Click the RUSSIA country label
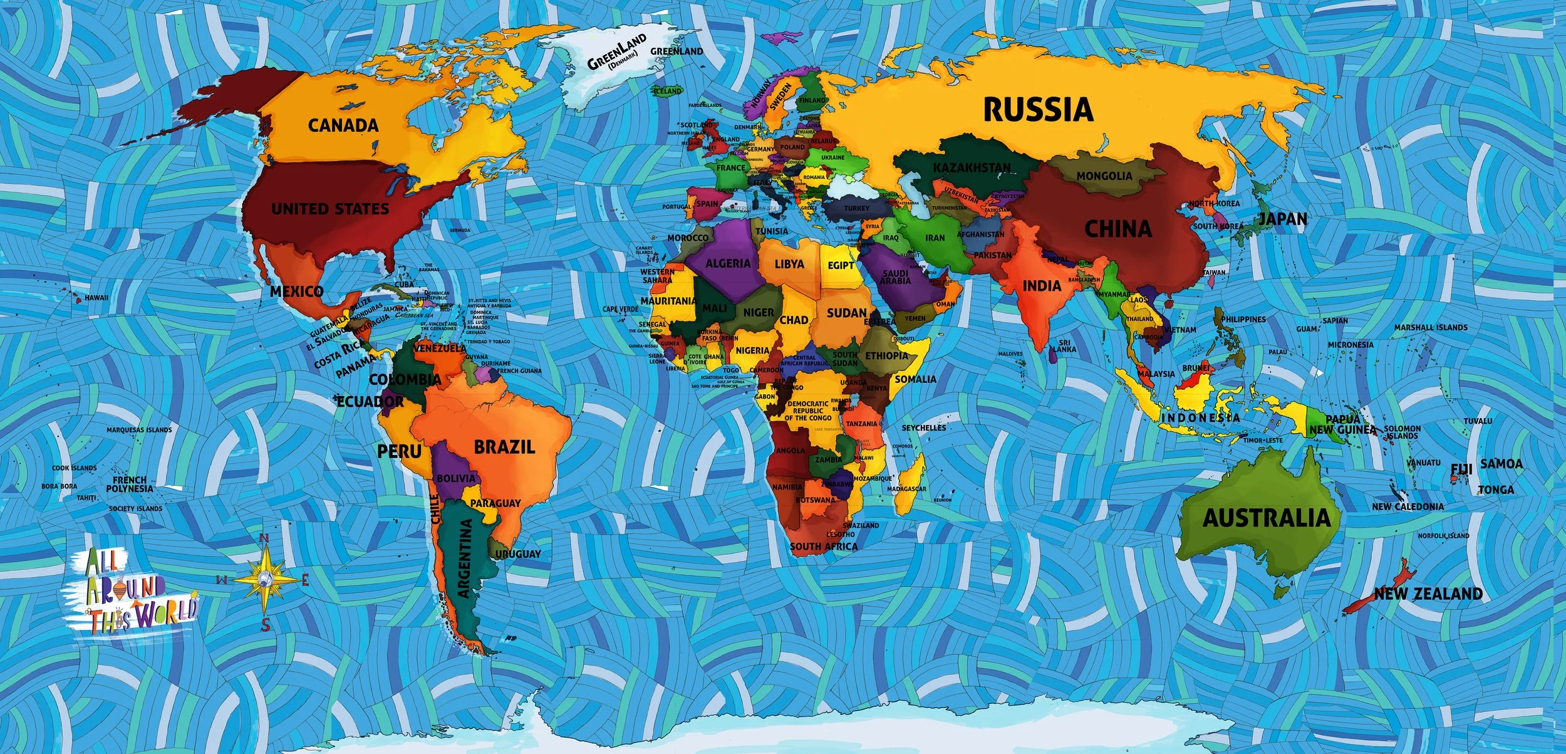tap(1038, 110)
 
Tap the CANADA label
tap(343, 125)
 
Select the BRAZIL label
tap(504, 447)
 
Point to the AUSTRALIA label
tap(1266, 518)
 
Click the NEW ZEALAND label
tap(1428, 594)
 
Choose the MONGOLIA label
tap(1104, 176)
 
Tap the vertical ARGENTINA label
tap(465, 558)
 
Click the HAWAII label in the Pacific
tap(96, 298)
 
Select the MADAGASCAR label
tap(906, 489)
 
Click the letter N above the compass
tap(264, 538)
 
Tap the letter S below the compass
tap(266, 624)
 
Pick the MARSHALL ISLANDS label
tap(1431, 328)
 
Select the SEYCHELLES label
tap(924, 427)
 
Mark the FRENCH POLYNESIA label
tap(130, 484)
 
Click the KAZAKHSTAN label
tap(972, 168)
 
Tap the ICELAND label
tap(667, 91)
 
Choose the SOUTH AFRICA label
tap(823, 547)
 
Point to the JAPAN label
tap(1283, 219)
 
